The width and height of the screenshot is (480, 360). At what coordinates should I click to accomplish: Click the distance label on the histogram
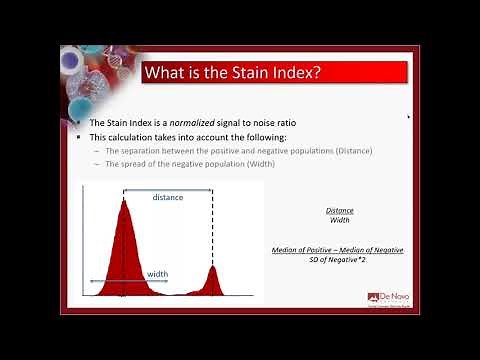pos(167,197)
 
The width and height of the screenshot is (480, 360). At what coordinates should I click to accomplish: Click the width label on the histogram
pos(157,273)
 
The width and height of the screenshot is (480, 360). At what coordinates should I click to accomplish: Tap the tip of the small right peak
pos(211,268)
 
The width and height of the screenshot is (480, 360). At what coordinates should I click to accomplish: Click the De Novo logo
pos(384,300)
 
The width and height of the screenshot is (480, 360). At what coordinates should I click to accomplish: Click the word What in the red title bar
pos(166,73)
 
